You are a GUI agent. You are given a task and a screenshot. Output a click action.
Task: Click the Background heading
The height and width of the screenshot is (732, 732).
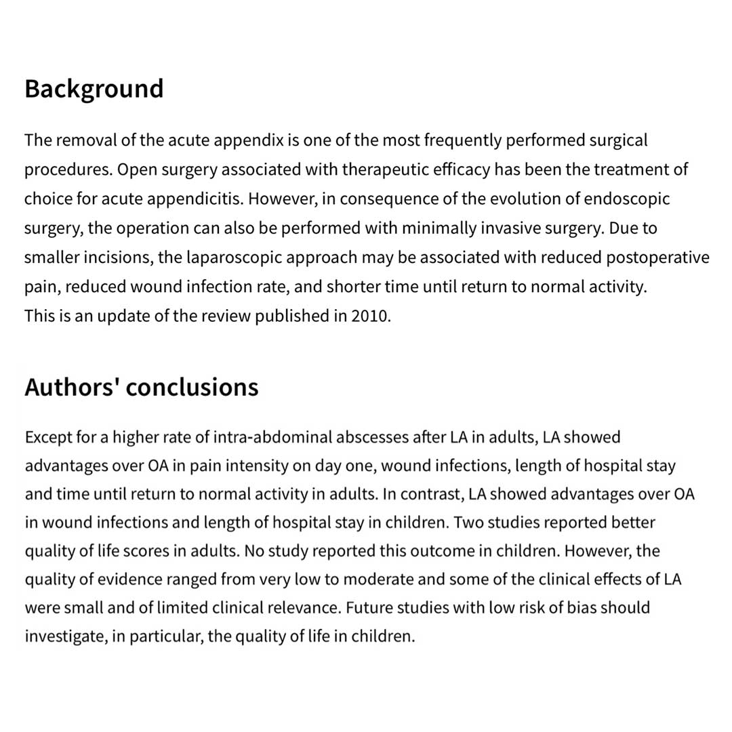tap(94, 89)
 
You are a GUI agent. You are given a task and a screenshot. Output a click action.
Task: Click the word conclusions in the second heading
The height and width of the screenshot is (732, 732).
tap(192, 387)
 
